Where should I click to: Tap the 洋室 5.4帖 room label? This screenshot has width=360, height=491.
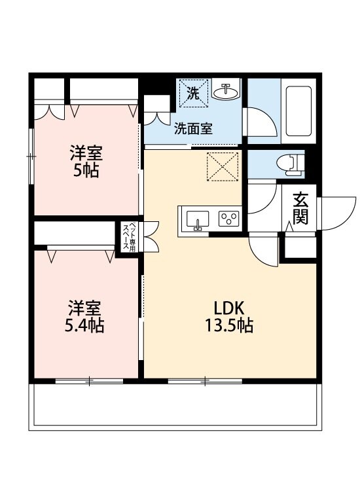click(86, 316)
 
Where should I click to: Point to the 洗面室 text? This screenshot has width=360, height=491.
click(192, 129)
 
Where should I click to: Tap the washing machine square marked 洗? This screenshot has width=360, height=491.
click(193, 92)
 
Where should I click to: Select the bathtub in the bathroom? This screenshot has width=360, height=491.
click(298, 111)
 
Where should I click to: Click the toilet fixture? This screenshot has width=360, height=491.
click(290, 162)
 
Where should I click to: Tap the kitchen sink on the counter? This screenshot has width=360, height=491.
click(197, 220)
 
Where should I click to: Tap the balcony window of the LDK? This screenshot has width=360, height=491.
click(206, 380)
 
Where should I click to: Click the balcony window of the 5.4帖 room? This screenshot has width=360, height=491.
click(89, 380)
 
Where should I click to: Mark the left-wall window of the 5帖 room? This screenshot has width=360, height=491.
click(31, 156)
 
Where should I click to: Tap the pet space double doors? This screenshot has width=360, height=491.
click(151, 236)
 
